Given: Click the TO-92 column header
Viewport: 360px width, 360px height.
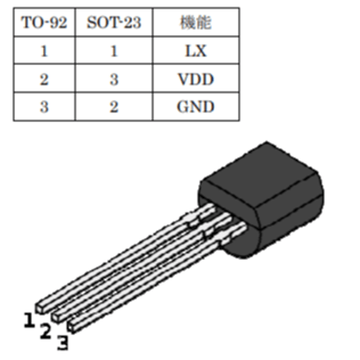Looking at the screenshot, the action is (x=44, y=23).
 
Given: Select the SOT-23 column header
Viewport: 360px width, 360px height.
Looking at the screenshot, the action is (x=114, y=23).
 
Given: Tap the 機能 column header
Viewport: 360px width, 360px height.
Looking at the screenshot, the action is (x=196, y=23).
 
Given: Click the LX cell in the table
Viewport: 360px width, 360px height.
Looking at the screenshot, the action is (x=196, y=51).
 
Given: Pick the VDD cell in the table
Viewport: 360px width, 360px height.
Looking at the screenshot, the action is (x=196, y=79).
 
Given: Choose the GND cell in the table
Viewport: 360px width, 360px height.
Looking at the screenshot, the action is (x=196, y=106).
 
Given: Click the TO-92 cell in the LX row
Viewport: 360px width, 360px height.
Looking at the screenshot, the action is (x=44, y=51).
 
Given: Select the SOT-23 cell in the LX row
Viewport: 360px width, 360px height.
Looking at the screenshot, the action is (x=114, y=51).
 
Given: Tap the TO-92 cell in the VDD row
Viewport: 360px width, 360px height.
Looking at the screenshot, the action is (x=44, y=79).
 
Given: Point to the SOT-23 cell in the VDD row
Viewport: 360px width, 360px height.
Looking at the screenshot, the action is (x=114, y=79).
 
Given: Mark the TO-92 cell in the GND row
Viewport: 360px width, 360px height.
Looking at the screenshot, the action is (x=44, y=106).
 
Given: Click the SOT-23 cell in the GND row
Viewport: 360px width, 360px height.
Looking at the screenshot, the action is (x=114, y=106).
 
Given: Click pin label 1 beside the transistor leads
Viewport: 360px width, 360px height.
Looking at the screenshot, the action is (x=29, y=320).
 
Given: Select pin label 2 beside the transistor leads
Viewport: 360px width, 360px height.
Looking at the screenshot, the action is (x=45, y=331).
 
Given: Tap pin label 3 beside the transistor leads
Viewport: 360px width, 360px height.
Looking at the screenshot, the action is (x=63, y=343).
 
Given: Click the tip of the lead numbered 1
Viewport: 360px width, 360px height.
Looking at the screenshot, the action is (x=40, y=308).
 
